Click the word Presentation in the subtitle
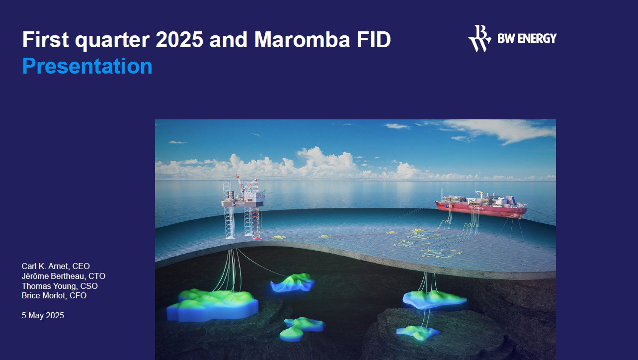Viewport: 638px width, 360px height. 87,66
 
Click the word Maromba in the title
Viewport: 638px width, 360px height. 302,39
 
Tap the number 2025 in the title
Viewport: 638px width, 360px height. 179,39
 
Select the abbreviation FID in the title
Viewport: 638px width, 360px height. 373,39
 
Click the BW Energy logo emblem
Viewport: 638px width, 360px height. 479,38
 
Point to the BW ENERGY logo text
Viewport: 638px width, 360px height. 527,38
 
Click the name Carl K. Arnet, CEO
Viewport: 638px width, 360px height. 56,266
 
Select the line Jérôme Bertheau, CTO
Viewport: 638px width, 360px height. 64,276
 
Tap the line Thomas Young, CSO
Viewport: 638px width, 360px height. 60,286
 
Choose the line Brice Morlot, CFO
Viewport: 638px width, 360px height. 54,295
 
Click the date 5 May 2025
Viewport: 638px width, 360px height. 43,316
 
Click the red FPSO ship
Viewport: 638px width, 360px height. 481,206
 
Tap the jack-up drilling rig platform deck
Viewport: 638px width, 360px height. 242,203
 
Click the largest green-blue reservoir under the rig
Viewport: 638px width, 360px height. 213,305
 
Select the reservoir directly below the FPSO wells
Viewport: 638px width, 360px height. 434,299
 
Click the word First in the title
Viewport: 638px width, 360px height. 46,39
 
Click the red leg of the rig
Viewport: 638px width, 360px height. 256,222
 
